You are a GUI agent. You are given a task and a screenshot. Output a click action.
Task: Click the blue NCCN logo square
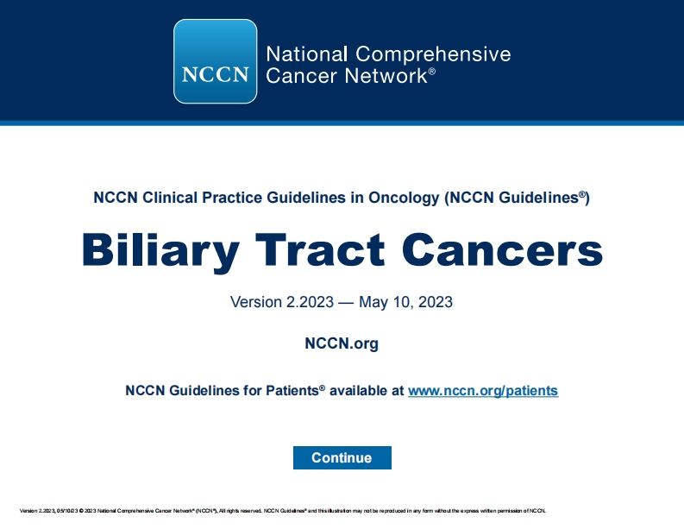216,61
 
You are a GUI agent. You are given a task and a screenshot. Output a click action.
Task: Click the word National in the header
307,54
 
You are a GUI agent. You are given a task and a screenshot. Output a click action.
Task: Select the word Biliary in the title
160,249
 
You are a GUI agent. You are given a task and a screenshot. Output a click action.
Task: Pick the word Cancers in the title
502,249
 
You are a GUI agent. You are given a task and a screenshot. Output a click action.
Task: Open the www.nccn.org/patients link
482,391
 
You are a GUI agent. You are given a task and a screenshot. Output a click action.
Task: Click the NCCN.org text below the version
342,344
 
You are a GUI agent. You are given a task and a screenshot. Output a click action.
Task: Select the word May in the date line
374,303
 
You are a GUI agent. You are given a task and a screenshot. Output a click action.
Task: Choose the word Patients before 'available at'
289,391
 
